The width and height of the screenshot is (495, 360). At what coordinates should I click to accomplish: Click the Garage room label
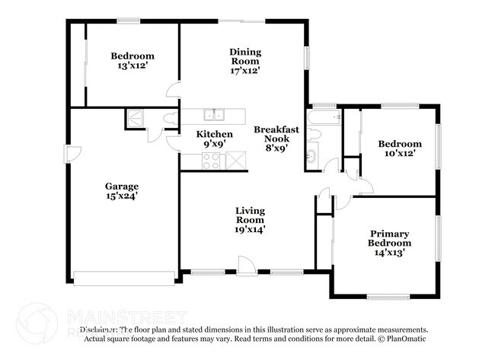[x=122, y=186]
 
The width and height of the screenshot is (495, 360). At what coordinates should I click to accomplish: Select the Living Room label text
[x=250, y=215]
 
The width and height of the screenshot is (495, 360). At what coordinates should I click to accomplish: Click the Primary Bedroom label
[x=390, y=238]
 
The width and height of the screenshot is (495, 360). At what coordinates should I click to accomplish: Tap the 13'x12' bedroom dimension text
[x=133, y=67]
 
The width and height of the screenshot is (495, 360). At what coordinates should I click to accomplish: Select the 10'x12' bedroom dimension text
[x=401, y=155]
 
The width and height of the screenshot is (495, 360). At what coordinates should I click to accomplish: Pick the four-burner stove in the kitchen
[x=210, y=161]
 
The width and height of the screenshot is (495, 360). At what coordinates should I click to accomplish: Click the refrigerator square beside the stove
[x=236, y=161]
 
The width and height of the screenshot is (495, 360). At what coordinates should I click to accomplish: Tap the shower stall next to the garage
[x=136, y=119]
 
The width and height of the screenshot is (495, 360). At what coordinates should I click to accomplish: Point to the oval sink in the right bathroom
[x=311, y=157]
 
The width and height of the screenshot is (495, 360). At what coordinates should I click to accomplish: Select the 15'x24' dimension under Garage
[x=122, y=196]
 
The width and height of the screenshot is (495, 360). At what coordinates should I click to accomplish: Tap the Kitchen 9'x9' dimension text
[x=204, y=143]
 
